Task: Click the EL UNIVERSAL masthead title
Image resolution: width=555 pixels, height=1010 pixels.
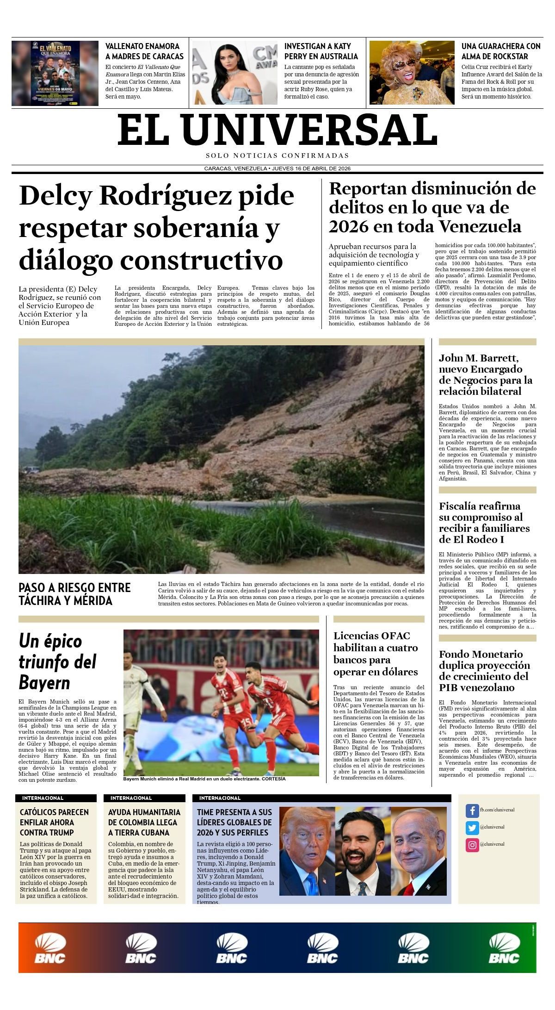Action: click(277, 130)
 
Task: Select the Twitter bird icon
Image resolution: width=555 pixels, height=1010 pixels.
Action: click(472, 827)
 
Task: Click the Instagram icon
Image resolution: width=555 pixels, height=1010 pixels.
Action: click(472, 845)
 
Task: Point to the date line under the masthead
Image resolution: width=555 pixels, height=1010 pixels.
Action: click(277, 168)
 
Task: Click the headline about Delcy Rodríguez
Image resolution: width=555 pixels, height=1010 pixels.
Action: click(156, 227)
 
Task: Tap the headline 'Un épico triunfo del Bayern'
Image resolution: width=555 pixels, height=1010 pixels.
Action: click(57, 661)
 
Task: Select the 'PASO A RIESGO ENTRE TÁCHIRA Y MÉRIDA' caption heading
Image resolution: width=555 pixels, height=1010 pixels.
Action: click(74, 594)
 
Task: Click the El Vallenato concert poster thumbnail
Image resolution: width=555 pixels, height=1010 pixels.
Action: click(55, 73)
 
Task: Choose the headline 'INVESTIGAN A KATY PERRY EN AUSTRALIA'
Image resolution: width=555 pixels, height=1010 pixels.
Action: click(321, 51)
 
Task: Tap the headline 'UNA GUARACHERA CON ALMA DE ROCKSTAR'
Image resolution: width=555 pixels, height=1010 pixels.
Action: click(500, 51)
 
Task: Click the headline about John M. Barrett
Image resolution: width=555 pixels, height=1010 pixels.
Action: click(485, 374)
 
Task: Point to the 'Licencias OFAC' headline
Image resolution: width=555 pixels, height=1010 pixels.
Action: click(375, 654)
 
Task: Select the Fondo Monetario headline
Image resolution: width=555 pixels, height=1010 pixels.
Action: click(484, 671)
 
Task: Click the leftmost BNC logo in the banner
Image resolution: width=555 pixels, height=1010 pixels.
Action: click(49, 948)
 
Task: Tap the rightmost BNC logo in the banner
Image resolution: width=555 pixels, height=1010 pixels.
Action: click(504, 948)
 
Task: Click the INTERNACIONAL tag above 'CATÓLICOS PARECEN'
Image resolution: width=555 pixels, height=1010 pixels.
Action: click(43, 798)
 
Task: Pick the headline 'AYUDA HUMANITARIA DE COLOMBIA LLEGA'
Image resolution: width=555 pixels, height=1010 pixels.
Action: click(144, 822)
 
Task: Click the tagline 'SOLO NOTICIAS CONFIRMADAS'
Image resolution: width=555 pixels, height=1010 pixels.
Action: click(277, 156)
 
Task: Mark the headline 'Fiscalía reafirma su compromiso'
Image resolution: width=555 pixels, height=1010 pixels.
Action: click(484, 523)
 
